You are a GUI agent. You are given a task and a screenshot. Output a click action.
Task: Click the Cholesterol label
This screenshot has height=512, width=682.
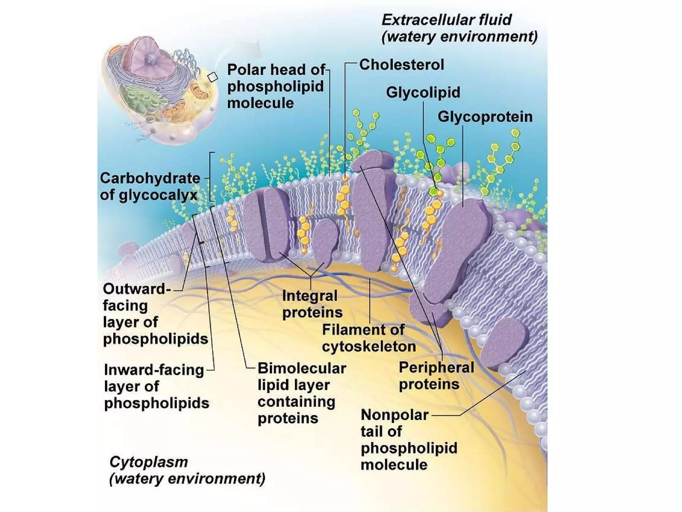402,65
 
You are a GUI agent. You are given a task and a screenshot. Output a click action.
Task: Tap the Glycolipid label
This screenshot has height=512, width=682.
423,92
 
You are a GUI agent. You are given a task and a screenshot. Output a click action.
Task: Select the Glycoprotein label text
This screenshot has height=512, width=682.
485,117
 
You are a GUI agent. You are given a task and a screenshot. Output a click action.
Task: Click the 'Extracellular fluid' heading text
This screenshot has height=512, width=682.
446,20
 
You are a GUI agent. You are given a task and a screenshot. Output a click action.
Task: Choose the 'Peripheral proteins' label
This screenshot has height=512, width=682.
436,376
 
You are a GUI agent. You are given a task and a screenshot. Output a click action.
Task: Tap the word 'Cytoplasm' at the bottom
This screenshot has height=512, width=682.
149,462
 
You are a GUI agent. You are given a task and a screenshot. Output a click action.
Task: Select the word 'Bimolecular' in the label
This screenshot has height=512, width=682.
302,368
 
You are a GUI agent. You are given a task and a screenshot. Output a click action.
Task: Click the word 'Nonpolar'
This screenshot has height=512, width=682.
395,415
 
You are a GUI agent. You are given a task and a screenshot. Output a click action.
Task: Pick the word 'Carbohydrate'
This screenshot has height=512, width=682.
150,178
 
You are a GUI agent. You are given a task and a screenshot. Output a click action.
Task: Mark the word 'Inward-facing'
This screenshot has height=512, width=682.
154,370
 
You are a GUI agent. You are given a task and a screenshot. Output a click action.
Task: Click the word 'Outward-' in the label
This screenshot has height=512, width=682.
137,289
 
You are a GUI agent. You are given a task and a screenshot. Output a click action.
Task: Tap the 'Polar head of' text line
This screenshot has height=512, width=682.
276,70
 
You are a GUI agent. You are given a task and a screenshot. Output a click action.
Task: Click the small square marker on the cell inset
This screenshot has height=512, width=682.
212,77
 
